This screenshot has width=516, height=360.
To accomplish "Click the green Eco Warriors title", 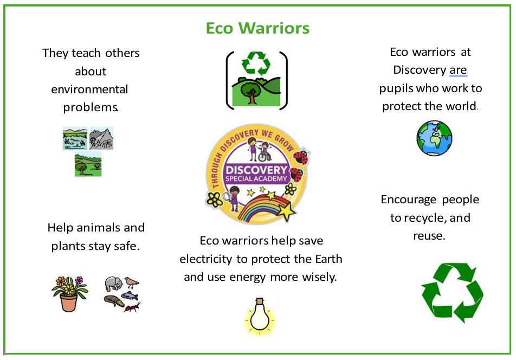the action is tap(257, 28).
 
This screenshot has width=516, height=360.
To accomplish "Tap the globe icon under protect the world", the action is tap(434, 138).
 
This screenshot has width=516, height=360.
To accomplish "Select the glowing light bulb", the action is tap(260, 317).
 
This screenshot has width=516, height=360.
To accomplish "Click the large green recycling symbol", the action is tap(452, 293).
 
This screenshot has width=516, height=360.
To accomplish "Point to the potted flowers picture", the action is tap(69, 294).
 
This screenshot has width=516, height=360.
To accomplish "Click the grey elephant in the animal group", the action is tap(113, 284).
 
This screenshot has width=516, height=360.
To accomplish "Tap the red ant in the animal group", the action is tap(132, 307).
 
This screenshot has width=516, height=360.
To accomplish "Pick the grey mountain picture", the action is tap(101, 139).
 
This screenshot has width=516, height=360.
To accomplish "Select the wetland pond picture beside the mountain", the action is tap(75, 139).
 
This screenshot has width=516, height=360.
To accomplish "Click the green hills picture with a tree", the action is tap(88, 164).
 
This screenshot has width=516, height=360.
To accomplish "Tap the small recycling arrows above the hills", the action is tap(256, 63).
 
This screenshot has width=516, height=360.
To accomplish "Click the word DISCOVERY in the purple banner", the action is tap(256, 170).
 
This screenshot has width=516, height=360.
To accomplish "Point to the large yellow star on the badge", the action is tap(286, 210).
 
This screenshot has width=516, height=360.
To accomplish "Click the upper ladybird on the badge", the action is tap(301, 157).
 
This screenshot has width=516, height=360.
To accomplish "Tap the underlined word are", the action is tap(458, 70).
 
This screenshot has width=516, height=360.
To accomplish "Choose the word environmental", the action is tap(89, 89).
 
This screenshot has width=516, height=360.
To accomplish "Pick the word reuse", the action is tap(429, 236).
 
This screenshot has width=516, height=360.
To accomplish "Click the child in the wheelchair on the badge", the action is tap(265, 152).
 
